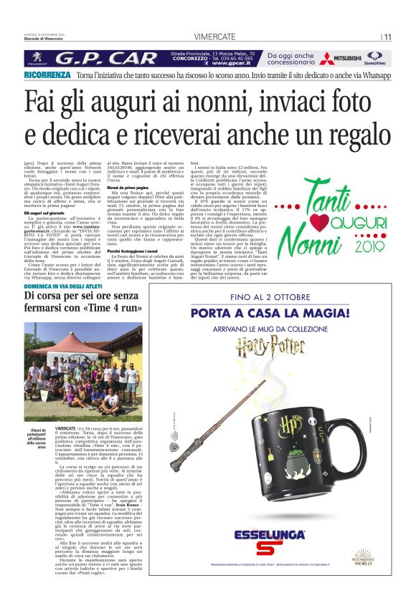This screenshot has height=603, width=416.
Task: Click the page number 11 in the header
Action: [x=387, y=37]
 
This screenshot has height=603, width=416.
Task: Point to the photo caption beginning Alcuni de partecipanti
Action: [x=39, y=435]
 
